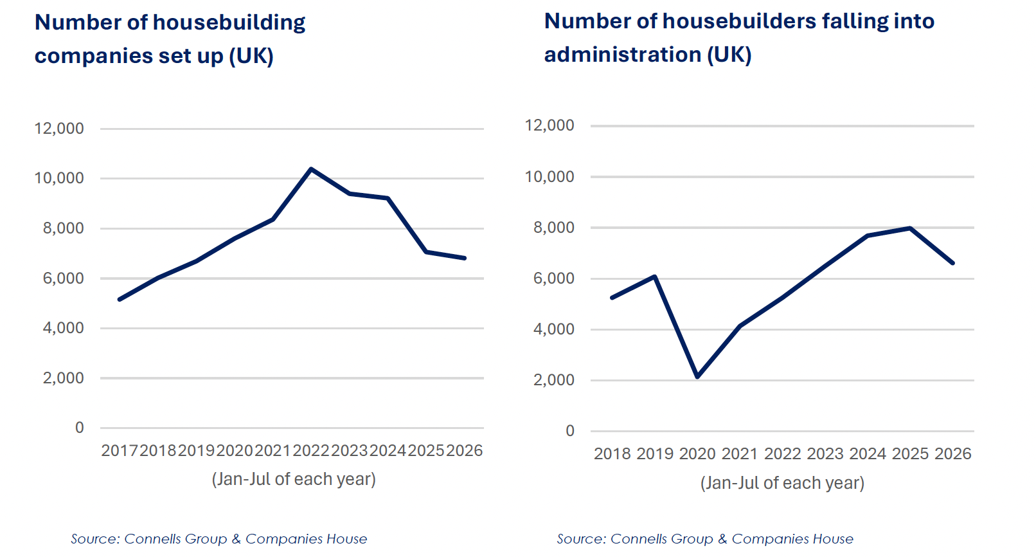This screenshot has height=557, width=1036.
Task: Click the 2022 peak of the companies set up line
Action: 311,169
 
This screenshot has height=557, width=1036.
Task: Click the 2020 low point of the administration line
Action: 697,377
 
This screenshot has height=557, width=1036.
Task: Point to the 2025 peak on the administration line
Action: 910,228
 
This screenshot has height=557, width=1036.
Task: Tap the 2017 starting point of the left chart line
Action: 120,300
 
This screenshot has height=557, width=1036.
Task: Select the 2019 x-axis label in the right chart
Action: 654,453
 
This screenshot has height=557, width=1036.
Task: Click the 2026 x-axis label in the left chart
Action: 465,450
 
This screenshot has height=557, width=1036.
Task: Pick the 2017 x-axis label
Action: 120,450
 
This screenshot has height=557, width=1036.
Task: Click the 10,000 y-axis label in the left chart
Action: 59,178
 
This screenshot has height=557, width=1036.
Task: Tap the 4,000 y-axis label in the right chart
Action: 553,329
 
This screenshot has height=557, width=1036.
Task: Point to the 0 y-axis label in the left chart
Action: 80,427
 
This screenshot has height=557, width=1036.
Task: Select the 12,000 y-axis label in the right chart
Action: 549,125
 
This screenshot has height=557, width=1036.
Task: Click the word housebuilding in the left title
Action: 229,23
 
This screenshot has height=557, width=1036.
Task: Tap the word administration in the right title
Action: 623,55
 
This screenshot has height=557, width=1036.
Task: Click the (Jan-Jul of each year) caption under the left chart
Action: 294,479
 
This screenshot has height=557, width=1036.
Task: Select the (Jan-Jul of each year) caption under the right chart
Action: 782,483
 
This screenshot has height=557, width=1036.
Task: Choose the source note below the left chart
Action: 219,539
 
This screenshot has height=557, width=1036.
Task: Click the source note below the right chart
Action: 705,539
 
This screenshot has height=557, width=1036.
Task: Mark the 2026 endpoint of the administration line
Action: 952,263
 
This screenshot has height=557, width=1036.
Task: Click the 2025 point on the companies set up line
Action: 426,252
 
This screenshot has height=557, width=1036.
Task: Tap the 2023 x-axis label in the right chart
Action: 825,453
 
